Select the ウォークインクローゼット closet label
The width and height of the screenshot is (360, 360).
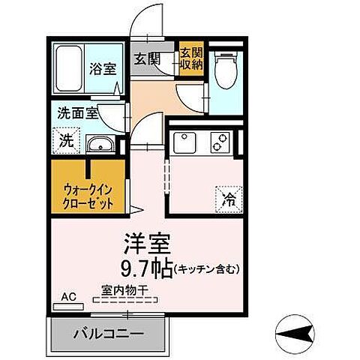(x=88, y=196)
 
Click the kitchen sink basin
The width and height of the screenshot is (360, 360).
(x=185, y=140)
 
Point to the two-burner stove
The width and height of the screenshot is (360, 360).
(x=220, y=140)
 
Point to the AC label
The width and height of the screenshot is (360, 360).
(x=68, y=295)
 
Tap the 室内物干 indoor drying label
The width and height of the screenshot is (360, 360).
(x=124, y=289)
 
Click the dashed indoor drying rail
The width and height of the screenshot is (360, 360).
(x=124, y=299)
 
